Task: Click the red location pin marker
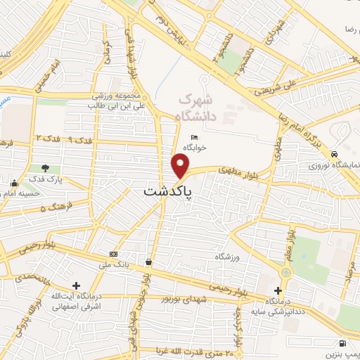(181, 167)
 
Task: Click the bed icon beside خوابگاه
(195, 138)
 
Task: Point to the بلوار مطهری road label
(235, 169)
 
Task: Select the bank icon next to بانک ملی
(114, 254)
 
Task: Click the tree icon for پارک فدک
(46, 168)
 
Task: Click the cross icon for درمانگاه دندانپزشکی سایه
(279, 290)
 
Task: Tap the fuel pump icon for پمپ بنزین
(342, 343)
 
